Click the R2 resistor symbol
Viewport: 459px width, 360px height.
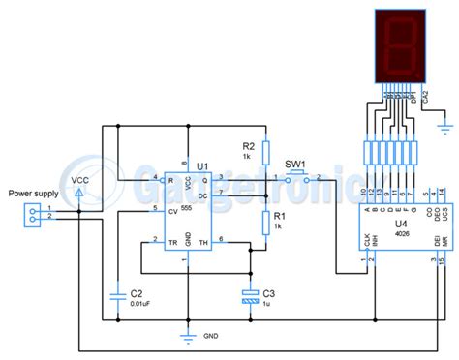[x=264, y=148]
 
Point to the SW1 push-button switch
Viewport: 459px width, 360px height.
[x=297, y=177]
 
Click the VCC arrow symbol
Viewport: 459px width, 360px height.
[x=78, y=195]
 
